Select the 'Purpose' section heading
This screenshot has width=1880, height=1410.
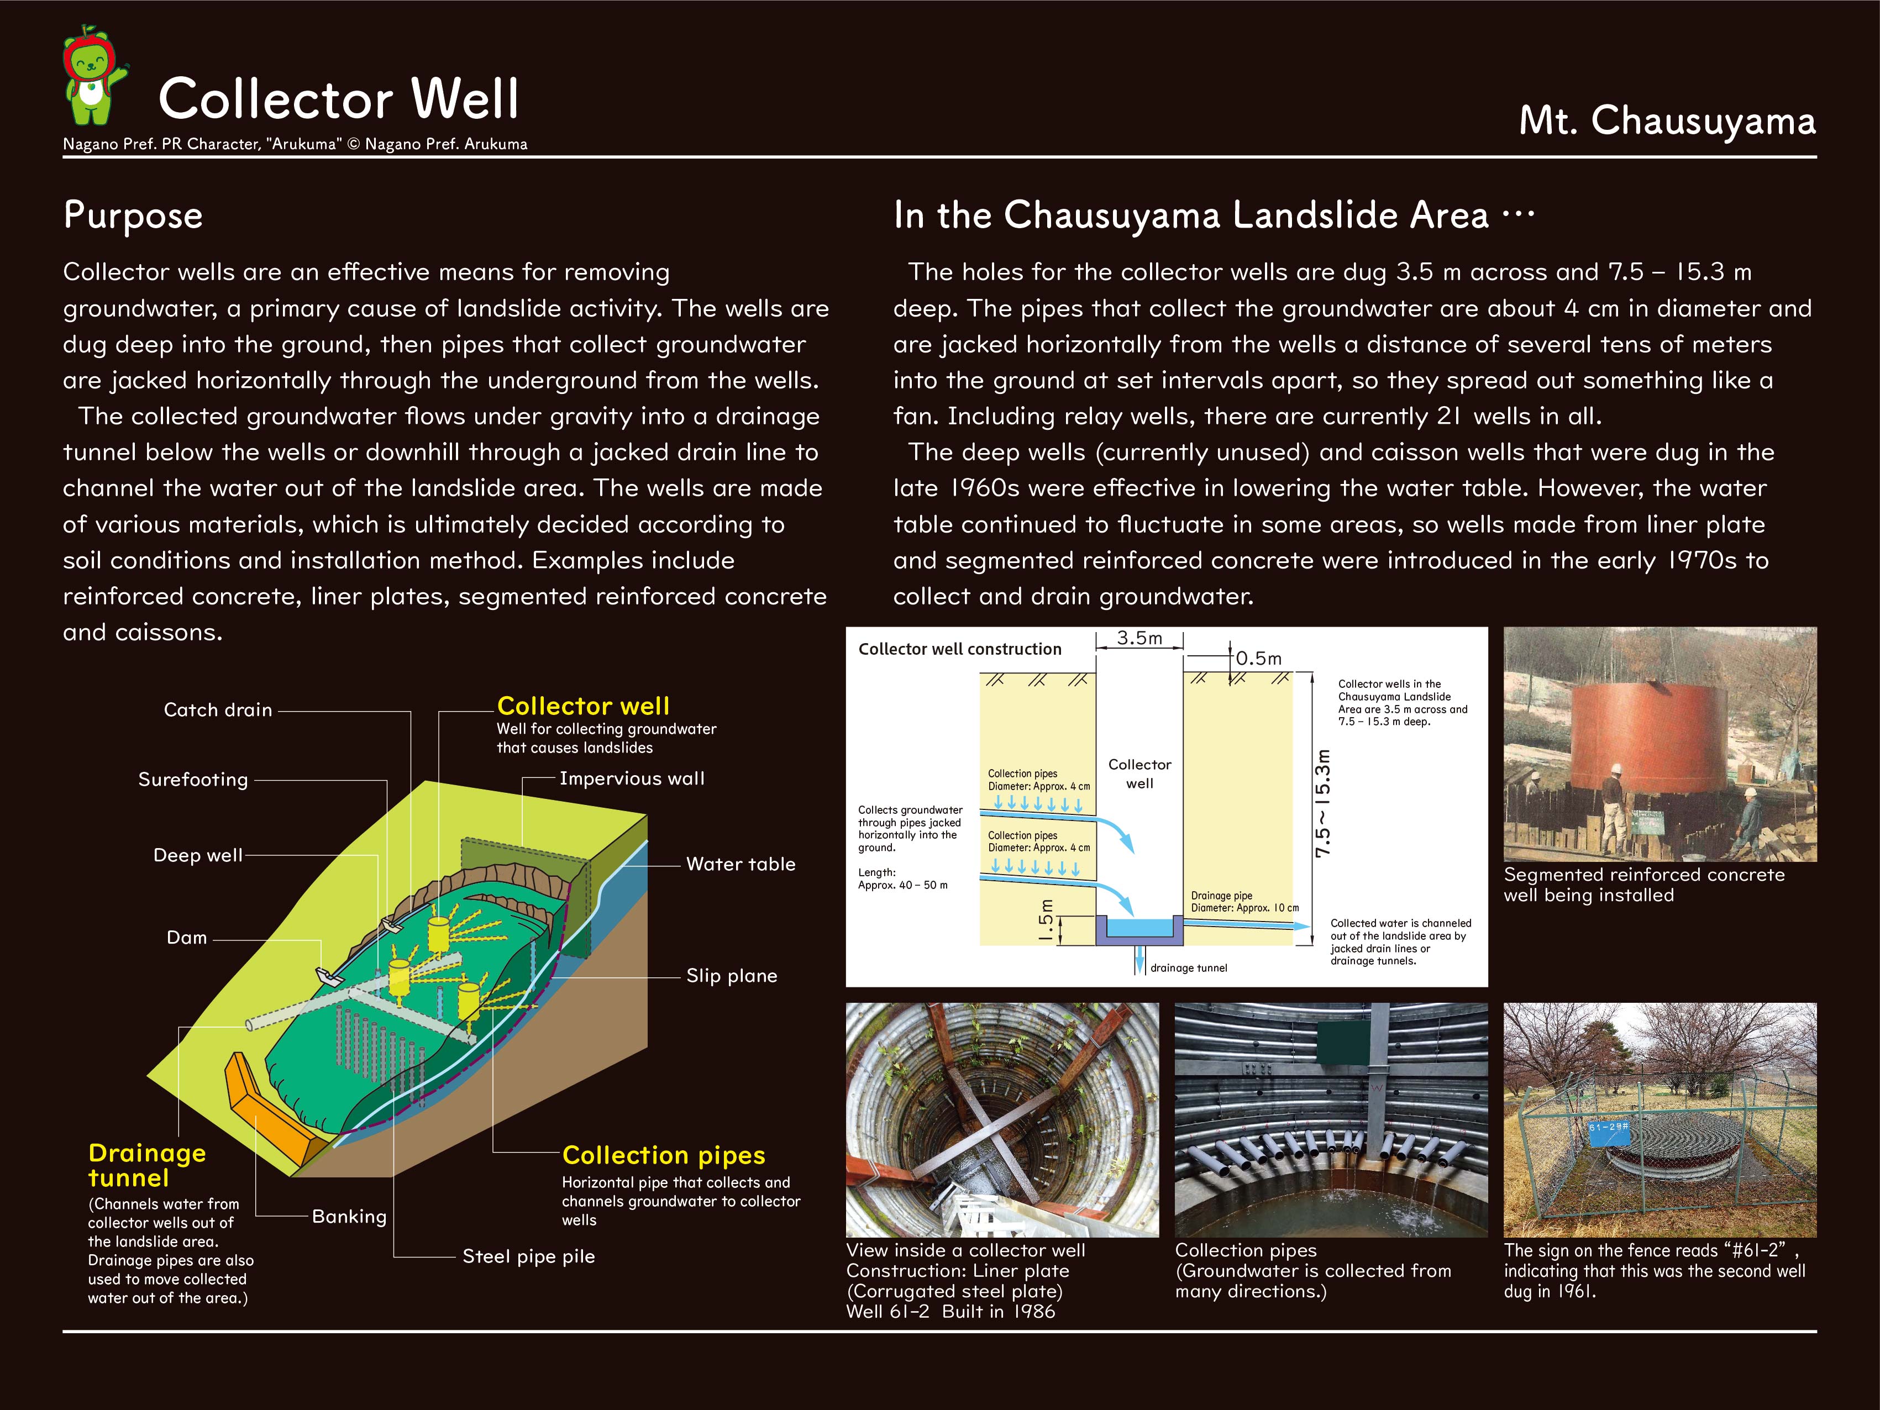133,215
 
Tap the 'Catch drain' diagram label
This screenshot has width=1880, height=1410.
218,709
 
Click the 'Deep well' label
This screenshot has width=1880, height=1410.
197,855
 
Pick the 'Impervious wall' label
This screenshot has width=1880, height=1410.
632,778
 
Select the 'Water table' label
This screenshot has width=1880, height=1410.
741,864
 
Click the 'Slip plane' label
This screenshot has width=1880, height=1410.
731,976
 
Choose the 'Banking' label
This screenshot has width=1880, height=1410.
349,1216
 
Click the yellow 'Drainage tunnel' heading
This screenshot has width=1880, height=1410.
146,1165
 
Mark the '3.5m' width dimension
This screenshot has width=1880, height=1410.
1139,638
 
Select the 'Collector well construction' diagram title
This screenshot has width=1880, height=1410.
959,649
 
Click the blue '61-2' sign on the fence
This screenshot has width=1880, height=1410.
1609,1127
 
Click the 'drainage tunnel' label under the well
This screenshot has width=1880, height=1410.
1188,968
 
